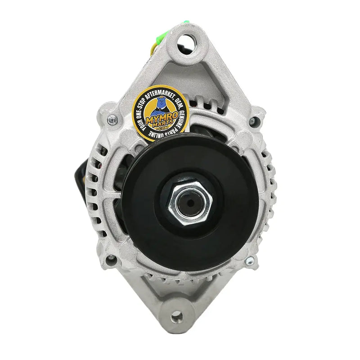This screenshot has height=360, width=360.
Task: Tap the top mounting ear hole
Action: point(186,44)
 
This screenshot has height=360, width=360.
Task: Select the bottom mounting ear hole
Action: point(177,318)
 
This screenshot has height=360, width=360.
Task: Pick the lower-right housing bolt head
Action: point(250,261)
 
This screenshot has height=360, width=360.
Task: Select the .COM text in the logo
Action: point(163,128)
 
